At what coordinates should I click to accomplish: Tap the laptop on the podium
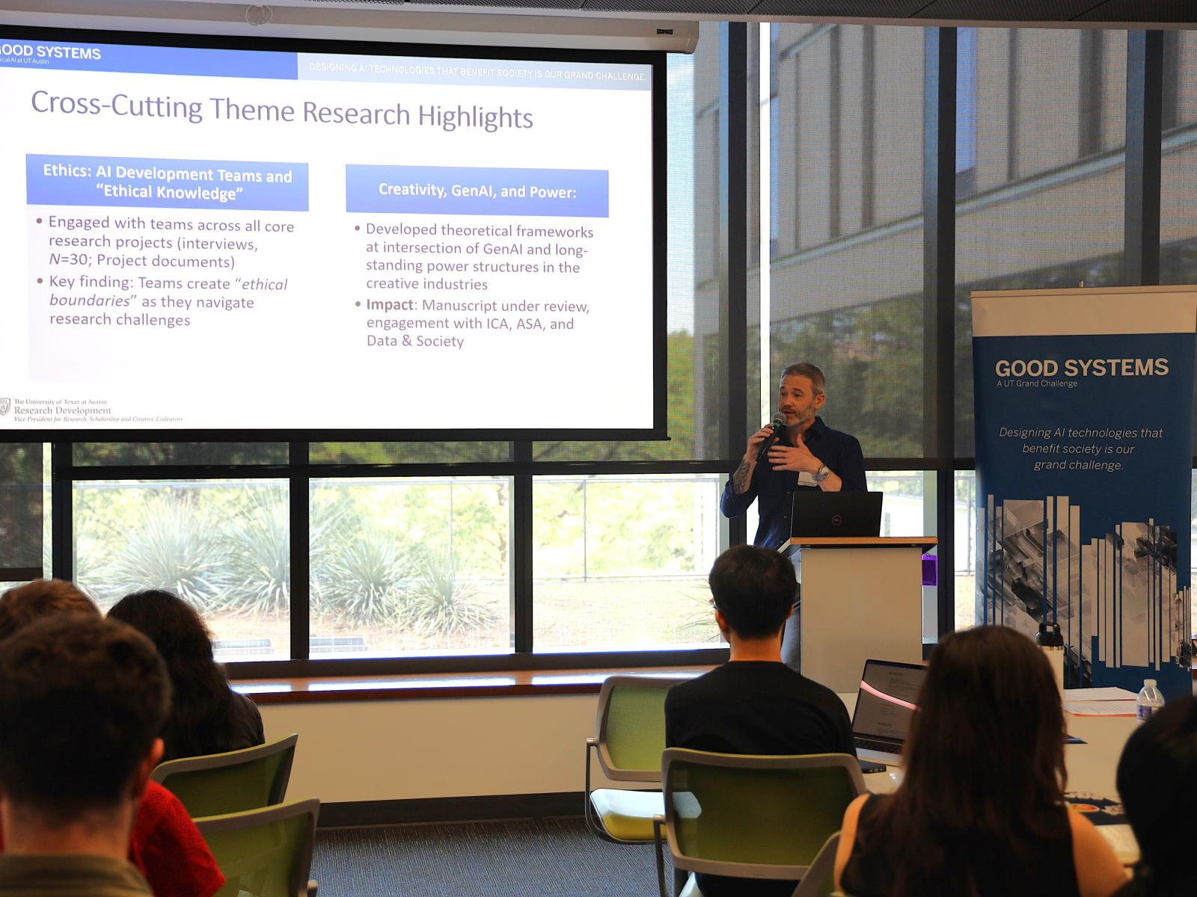[836, 514]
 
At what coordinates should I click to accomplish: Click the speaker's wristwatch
[821, 473]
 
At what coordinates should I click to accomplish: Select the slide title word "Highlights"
[475, 117]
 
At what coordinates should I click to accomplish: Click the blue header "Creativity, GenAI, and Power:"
[477, 191]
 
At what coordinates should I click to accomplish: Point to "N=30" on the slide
[69, 261]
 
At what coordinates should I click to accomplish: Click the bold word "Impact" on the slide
[389, 305]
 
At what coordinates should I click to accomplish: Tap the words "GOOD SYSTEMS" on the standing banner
[1081, 368]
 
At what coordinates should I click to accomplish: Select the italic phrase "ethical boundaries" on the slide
[168, 292]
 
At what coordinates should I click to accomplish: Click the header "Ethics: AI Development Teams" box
[167, 183]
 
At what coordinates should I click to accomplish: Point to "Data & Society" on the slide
[415, 341]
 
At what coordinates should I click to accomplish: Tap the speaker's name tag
[807, 478]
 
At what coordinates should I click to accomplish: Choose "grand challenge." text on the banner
[1078, 465]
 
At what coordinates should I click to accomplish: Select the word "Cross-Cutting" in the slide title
[116, 105]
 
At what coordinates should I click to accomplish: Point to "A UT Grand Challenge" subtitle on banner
[1037, 383]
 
